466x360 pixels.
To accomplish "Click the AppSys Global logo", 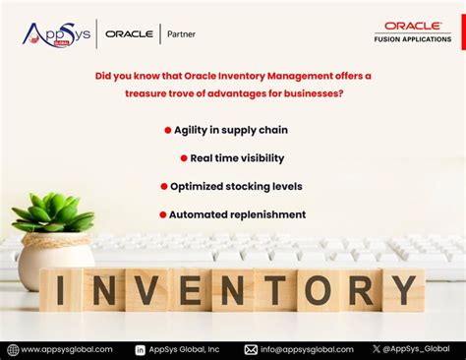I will [56, 34].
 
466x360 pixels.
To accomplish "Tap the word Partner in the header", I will [182, 34].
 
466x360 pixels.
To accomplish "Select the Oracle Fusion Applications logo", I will [413, 32].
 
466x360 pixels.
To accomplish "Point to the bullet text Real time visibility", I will [239, 157].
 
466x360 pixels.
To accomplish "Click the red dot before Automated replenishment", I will [161, 214].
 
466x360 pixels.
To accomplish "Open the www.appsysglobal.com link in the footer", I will [65, 349].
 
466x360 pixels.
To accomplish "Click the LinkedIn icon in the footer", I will [140, 349].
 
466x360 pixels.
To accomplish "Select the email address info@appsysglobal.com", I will [306, 349].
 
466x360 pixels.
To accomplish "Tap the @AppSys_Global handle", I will [417, 349].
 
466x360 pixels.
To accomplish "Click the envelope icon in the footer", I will [251, 349].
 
